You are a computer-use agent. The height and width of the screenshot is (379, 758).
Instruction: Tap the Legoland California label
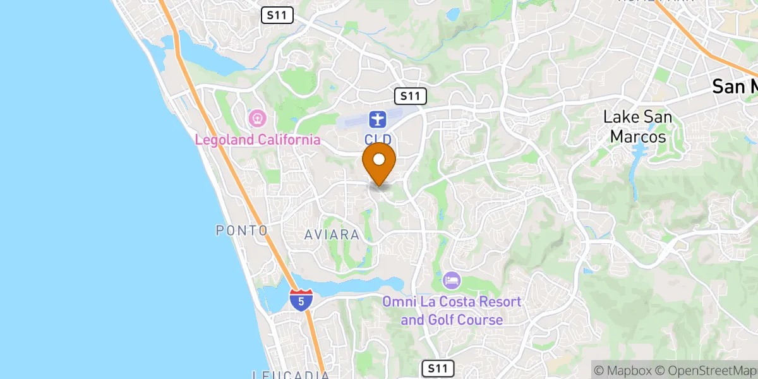click(x=257, y=140)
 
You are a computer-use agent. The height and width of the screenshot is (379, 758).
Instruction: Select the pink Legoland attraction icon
click(x=257, y=117)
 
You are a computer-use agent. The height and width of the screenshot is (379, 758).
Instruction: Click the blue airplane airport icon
click(x=377, y=119)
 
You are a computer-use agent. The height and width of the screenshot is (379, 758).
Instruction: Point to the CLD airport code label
click(x=378, y=138)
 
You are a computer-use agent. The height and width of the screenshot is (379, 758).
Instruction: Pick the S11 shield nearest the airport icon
click(x=411, y=96)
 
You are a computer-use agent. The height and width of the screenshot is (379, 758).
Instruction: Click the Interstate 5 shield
click(x=301, y=299)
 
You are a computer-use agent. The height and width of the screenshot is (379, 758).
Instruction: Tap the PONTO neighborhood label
click(x=242, y=231)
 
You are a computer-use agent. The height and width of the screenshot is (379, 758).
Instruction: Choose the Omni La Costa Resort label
click(x=452, y=310)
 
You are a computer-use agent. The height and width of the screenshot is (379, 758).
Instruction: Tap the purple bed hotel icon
click(x=452, y=279)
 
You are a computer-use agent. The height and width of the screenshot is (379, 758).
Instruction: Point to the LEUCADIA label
click(x=291, y=375)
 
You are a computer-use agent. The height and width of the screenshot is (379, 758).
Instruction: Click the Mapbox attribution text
click(x=621, y=370)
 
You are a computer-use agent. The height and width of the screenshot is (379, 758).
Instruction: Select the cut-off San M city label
click(x=735, y=87)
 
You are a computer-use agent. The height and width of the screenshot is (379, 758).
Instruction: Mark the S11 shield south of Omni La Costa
click(x=436, y=368)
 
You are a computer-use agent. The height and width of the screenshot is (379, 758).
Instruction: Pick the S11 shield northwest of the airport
click(x=277, y=16)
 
